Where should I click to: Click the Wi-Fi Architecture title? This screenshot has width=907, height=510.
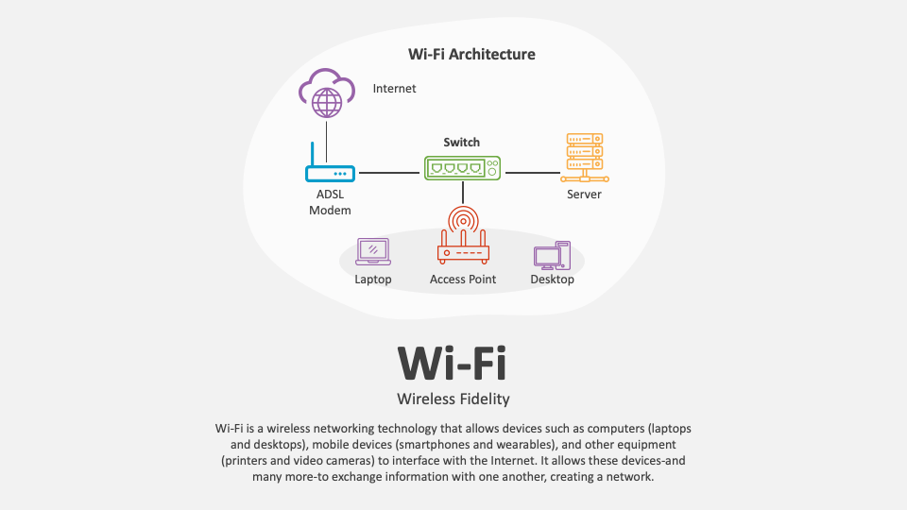coord(471,54)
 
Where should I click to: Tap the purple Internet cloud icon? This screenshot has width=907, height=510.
coord(326,92)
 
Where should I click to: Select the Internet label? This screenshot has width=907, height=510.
coord(394,89)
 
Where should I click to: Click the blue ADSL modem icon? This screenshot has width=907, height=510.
coord(330,172)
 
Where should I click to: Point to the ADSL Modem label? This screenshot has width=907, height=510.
coord(330,202)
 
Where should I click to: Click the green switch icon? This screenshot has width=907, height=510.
coord(462,168)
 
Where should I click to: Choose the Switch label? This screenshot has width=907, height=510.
coord(462,143)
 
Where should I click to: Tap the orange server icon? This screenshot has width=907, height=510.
coord(584,157)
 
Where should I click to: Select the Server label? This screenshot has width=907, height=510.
coord(584,195)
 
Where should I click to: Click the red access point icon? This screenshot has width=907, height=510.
coord(463,237)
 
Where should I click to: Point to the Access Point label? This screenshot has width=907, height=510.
coord(463,280)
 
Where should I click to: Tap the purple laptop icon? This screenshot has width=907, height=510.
coord(373,251)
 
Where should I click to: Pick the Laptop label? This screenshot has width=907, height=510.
coord(373,280)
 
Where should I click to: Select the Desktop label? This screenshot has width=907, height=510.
coord(552,280)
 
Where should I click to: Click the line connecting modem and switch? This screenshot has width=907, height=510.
coord(389,173)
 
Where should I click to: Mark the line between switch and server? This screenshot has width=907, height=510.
coord(532,173)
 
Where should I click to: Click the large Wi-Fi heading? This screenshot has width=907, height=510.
coord(453,362)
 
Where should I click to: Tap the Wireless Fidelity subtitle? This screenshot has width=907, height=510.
coord(453,399)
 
